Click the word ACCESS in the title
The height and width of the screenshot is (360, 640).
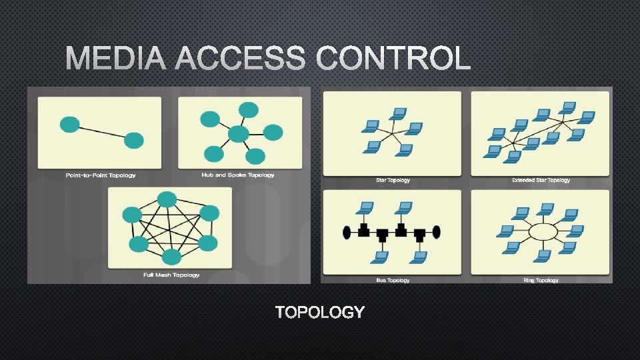coord(241,59)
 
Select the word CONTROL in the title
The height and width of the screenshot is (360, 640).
coord(393,59)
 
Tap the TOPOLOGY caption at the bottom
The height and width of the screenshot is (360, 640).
coord(320,312)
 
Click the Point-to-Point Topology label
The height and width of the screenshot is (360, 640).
coord(101,175)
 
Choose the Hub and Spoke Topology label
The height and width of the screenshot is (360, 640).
coord(238,175)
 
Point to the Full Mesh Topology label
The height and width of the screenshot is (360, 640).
coord(171,275)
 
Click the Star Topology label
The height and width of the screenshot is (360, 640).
coord(393,180)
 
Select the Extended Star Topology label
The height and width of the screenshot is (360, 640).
coord(541,180)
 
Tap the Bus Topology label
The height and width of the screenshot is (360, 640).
coord(393,280)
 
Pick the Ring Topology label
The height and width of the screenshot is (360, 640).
coord(541,280)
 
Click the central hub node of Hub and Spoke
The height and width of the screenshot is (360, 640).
coord(238,135)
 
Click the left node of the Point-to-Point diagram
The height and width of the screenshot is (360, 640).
coord(70,124)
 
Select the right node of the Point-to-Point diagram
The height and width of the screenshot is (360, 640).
coord(134,140)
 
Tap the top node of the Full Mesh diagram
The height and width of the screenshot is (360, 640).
coord(167,199)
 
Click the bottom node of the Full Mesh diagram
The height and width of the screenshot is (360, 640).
coord(171,257)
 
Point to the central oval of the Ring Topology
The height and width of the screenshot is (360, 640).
coord(542,232)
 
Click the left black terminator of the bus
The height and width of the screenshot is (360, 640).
coord(347,232)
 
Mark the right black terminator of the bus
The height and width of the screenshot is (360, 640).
coord(437,232)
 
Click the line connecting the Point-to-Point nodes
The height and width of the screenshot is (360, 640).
coord(102,132)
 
